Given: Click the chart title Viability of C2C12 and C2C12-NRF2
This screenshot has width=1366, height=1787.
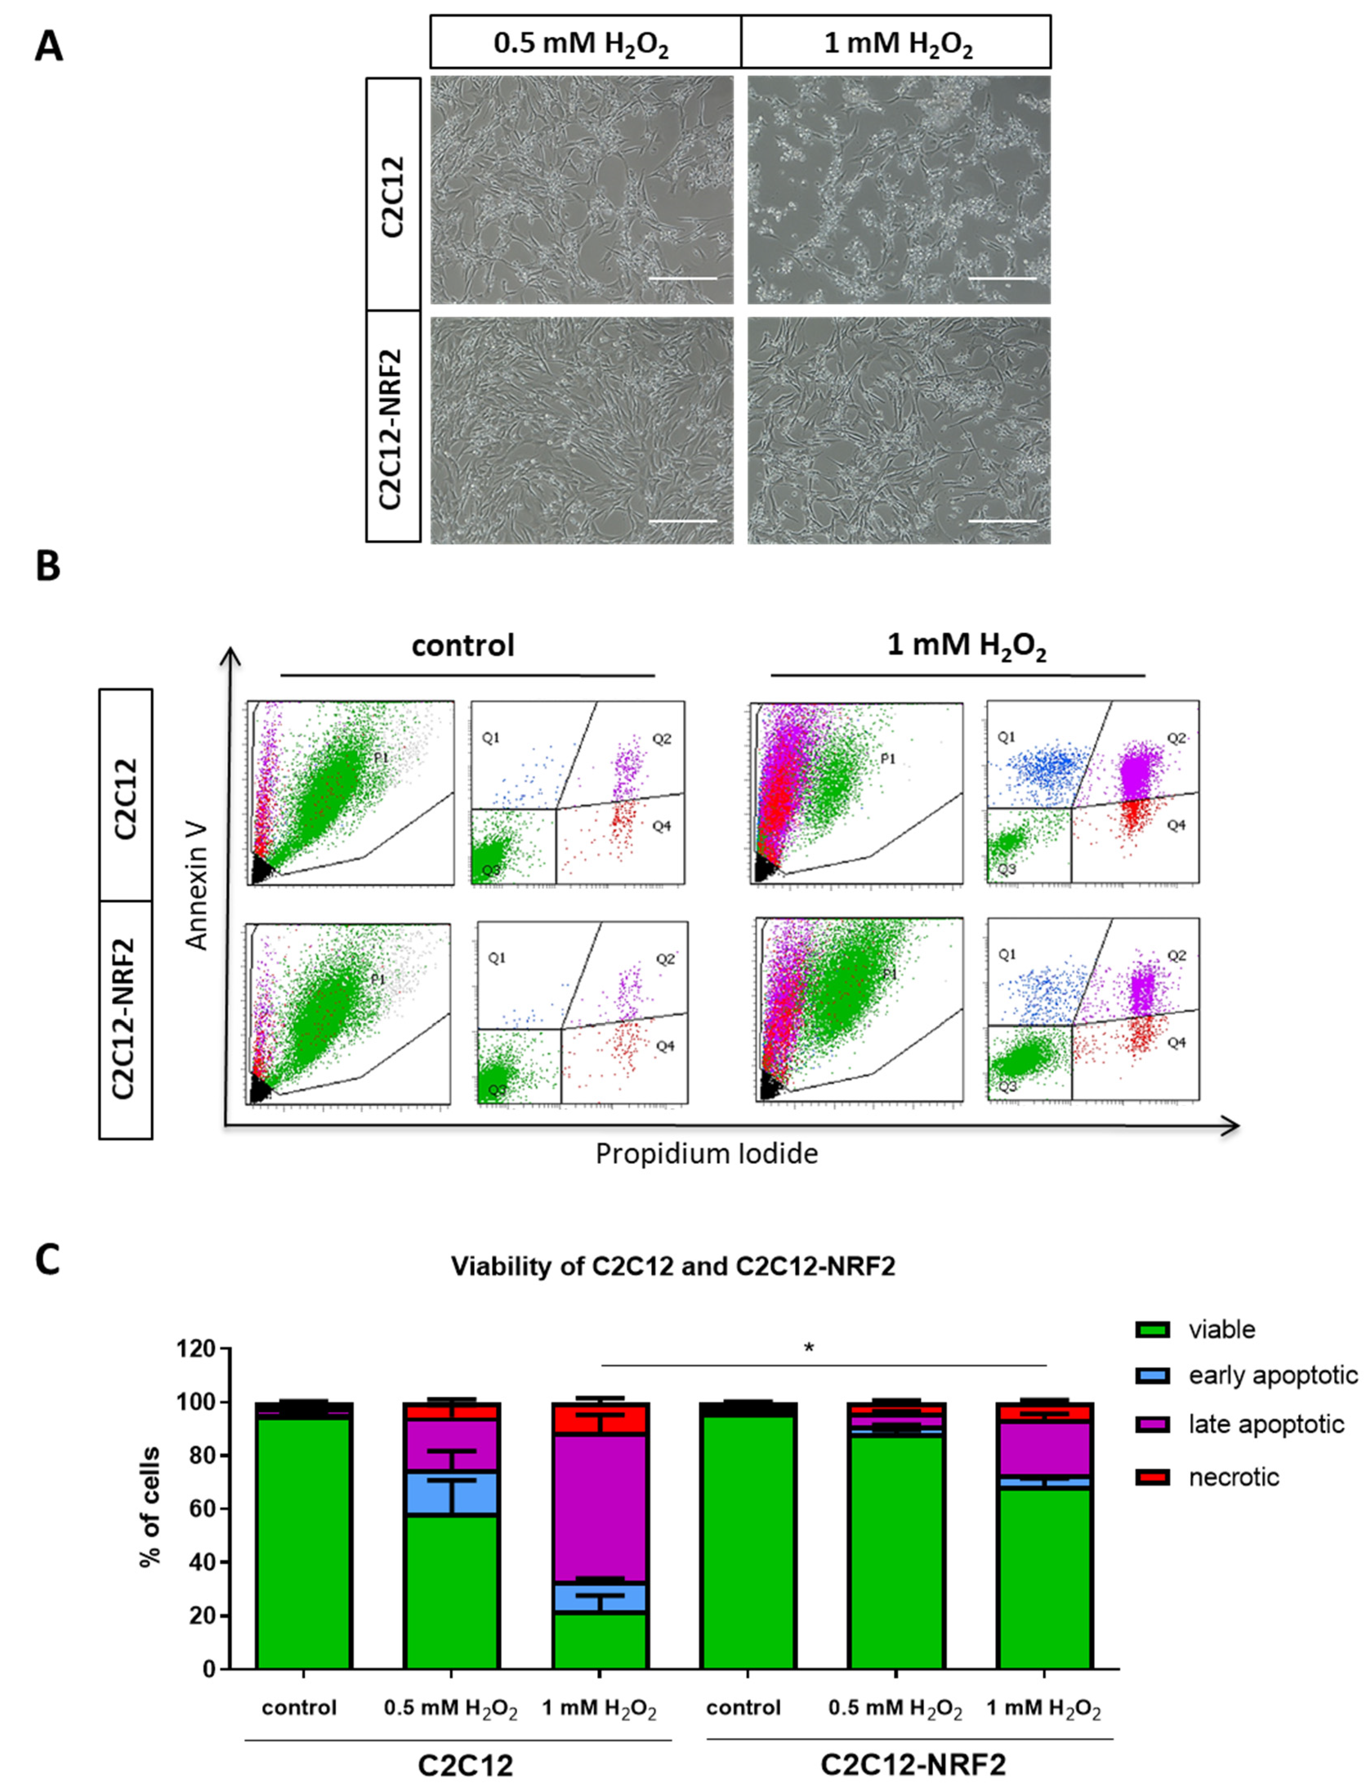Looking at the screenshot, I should pos(672,1267).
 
